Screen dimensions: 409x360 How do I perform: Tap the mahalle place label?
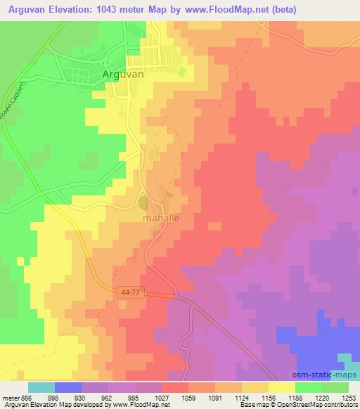pos(161,219)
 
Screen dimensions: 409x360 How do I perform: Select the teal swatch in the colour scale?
pos(41,387)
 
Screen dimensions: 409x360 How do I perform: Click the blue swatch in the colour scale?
pos(67,387)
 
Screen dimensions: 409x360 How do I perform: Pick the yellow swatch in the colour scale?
pos(281,387)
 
